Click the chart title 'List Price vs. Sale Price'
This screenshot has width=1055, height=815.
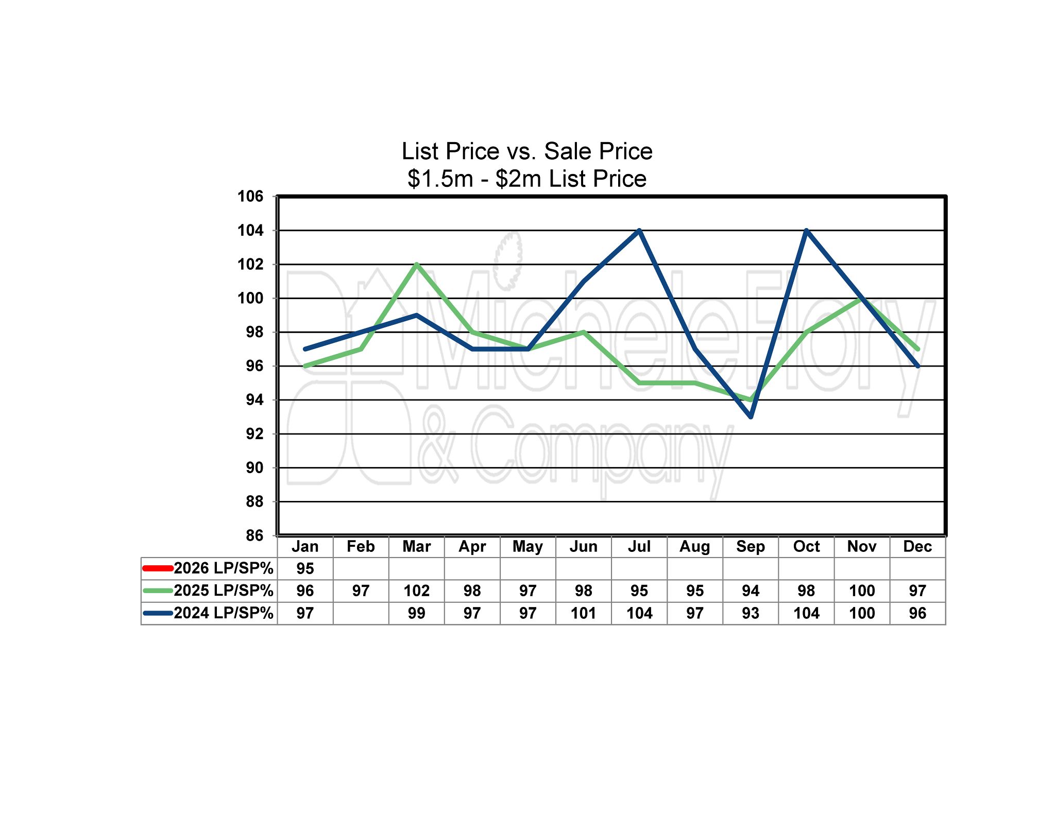[x=527, y=151]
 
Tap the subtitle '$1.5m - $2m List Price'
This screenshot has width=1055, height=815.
[x=527, y=179]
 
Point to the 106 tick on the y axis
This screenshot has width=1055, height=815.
[x=250, y=196]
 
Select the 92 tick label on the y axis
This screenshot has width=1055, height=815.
[x=254, y=433]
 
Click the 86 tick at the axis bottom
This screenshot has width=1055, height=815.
[x=254, y=535]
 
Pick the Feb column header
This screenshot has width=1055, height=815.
[x=361, y=546]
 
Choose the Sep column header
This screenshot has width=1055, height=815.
[x=751, y=546]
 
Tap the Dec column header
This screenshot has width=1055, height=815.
[x=917, y=546]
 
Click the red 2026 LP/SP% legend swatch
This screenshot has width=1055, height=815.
[x=158, y=568]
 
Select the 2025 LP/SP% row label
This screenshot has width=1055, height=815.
[x=223, y=591]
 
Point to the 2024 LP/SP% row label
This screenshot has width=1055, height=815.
[x=223, y=613]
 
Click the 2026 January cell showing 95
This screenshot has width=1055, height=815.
[x=305, y=568]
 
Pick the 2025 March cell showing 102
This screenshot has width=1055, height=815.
[x=416, y=591]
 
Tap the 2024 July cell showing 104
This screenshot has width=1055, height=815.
[x=639, y=613]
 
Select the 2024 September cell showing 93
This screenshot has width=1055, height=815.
[x=751, y=613]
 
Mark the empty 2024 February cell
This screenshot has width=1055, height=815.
[x=361, y=613]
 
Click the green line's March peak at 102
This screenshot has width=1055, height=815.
[x=416, y=265]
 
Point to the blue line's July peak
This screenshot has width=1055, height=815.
[x=639, y=231]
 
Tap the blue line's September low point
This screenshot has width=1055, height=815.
[x=751, y=417]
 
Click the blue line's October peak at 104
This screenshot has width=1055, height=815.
[x=806, y=231]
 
